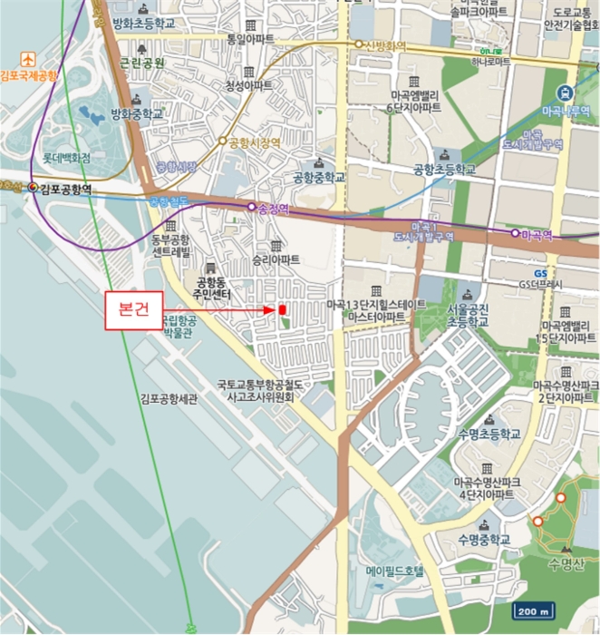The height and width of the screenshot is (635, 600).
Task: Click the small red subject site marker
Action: [282, 310]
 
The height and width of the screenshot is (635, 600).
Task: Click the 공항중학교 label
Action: [319, 178]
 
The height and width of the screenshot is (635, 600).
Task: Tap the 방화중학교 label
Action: [137, 114]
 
